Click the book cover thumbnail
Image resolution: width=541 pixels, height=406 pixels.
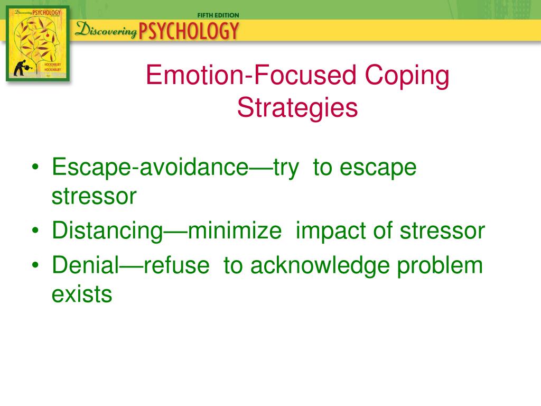38,43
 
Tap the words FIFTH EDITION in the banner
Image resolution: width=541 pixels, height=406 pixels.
218,15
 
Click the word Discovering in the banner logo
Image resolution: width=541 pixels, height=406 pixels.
106,30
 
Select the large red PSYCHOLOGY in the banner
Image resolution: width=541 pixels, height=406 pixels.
189,31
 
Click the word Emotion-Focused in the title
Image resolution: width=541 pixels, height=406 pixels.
251,75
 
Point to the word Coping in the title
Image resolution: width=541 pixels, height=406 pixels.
407,77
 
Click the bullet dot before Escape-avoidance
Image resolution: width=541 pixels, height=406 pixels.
35,167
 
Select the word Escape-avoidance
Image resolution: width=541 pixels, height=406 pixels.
150,168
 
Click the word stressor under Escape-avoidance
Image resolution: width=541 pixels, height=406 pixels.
94,197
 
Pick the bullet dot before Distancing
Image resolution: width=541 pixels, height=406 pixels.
35,230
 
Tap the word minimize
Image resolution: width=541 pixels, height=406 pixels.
235,230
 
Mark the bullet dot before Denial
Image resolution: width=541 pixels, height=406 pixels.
35,265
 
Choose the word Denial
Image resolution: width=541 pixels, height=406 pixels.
86,265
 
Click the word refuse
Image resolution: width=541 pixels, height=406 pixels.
176,265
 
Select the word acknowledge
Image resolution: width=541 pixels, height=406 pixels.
320,266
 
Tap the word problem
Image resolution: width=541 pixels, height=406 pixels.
440,266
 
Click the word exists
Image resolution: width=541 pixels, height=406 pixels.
82,294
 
